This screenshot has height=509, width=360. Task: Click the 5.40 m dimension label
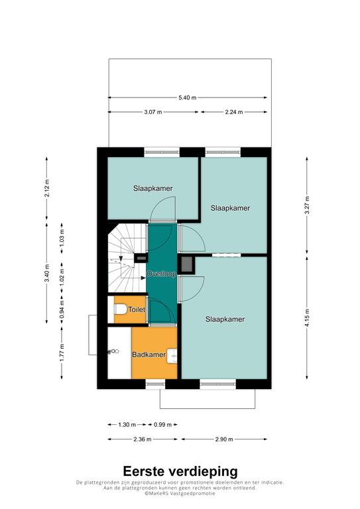coord(188,97)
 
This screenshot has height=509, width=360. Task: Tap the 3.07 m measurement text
coord(153,112)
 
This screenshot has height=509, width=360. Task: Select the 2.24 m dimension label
coord(234,112)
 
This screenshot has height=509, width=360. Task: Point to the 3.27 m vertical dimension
coord(307,205)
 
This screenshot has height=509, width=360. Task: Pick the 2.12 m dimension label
coord(47,188)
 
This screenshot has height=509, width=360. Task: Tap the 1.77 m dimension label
coord(62,352)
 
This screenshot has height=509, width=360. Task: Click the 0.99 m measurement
coord(162,425)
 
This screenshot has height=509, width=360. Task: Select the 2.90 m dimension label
coord(224,439)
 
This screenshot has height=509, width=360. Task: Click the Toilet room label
coord(137,310)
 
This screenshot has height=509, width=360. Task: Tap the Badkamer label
coord(149,355)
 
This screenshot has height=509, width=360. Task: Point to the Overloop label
coord(161,274)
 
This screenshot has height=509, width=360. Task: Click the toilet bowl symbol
coord(120,310)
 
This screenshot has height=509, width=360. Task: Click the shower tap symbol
coord(114,351)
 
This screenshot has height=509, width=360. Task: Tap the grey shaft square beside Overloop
coord(187,265)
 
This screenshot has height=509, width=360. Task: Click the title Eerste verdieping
coord(180,471)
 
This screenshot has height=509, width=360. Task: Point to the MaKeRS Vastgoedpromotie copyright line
coord(180,493)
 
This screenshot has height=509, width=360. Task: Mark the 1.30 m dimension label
coord(127,425)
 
